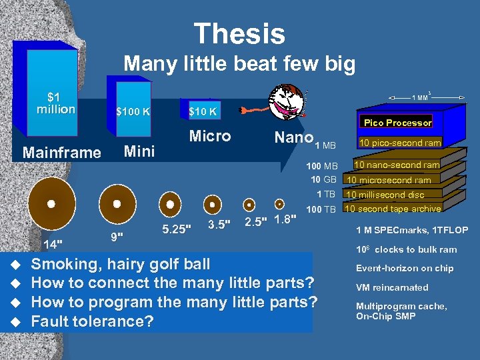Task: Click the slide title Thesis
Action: click(x=239, y=33)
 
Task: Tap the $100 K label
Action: click(x=133, y=111)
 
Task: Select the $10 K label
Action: click(x=202, y=111)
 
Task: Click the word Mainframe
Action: click(x=61, y=153)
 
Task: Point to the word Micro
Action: click(x=210, y=136)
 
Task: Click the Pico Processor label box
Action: click(x=397, y=123)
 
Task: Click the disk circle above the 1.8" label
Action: click(x=280, y=204)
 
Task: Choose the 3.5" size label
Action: click(x=219, y=224)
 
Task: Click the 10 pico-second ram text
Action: click(x=400, y=143)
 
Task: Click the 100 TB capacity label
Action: click(x=321, y=210)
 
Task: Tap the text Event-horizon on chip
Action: click(x=404, y=269)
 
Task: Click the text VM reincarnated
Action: click(x=392, y=287)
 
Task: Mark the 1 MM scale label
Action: click(x=421, y=97)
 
